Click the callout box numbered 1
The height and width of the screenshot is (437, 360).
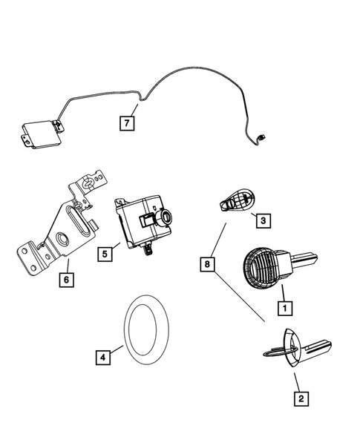tap(282, 305)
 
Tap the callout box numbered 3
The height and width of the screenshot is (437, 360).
tap(261, 220)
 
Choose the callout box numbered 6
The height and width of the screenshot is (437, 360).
tap(68, 279)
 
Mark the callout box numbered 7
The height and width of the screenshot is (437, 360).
tap(127, 123)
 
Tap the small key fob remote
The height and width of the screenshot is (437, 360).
tap(235, 201)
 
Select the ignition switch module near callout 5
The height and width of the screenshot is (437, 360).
tap(143, 222)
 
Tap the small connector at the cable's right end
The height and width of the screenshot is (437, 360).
tap(261, 136)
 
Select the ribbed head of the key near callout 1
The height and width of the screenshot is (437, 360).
tap(259, 266)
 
